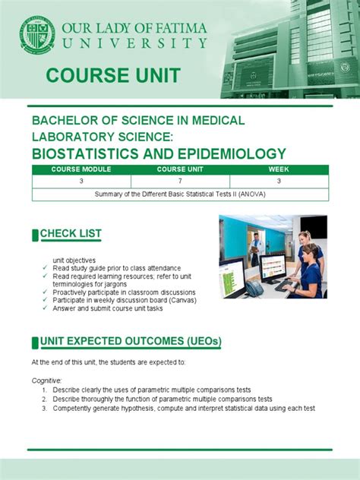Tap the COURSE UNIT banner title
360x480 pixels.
pos(113,75)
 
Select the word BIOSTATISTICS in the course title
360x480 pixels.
pos(84,153)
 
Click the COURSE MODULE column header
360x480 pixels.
pos(81,169)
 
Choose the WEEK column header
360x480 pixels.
pos(279,169)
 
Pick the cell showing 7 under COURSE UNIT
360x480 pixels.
pos(180,182)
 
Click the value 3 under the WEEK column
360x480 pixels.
pos(279,182)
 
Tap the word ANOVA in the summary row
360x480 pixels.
pos(252,194)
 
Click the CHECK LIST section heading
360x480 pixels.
pos(71,233)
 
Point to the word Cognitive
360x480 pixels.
pos(47,379)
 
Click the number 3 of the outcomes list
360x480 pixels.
pos(45,409)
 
